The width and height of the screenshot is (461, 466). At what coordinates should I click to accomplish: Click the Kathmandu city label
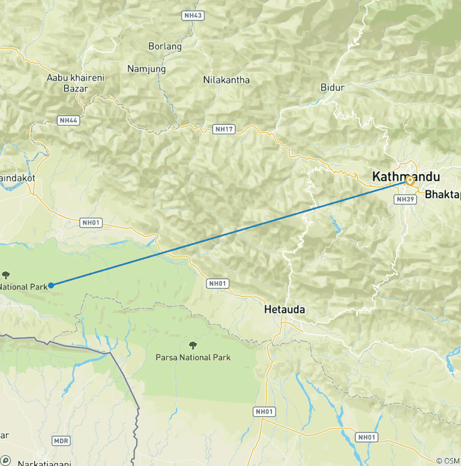(x=406, y=177)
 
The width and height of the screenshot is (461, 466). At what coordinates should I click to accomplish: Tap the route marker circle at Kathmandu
(x=410, y=180)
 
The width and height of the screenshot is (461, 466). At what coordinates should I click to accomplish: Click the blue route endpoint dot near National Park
(x=51, y=285)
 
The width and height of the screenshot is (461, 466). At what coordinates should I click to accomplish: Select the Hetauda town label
(x=285, y=310)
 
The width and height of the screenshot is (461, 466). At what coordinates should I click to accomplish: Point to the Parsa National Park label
(x=193, y=357)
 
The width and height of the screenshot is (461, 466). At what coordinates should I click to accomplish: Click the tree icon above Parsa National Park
(x=193, y=345)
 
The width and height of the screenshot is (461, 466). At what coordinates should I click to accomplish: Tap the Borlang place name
(x=164, y=46)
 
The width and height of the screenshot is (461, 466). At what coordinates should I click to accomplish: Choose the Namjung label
(x=146, y=69)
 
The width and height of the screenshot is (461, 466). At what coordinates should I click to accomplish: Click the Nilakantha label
(x=226, y=80)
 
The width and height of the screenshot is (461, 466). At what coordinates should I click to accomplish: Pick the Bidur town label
(x=333, y=88)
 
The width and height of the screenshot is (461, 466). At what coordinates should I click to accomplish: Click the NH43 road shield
(x=194, y=14)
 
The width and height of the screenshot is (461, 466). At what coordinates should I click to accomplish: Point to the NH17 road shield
(x=223, y=129)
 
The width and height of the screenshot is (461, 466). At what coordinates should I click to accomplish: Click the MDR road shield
(x=61, y=441)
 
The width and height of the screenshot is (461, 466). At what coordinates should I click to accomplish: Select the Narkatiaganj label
(x=44, y=463)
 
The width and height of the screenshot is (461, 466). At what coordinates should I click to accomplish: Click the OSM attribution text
(x=449, y=461)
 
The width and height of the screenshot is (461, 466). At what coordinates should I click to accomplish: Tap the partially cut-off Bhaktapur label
(x=442, y=195)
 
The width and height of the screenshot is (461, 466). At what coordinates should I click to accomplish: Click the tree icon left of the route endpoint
(x=6, y=275)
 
